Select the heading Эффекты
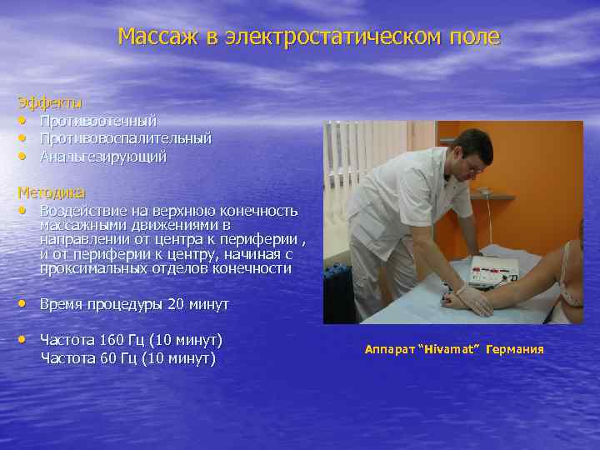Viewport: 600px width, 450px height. (50, 102)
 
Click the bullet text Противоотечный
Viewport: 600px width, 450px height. (98, 122)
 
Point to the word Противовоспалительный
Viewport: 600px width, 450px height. (125, 138)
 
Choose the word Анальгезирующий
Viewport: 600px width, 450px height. (103, 156)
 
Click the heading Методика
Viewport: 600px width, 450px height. (51, 192)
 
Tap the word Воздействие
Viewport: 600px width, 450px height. (82, 210)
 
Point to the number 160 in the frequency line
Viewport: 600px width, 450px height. (111, 340)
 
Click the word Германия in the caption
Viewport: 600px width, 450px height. (516, 349)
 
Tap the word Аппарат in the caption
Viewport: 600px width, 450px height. (388, 349)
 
